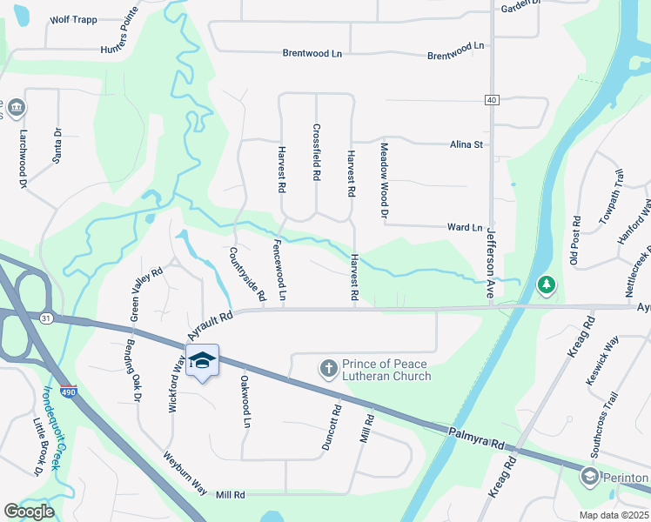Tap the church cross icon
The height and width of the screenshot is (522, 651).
coord(329,369)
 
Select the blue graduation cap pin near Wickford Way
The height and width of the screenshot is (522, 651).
coord(201,361)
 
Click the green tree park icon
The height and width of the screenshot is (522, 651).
coord(547,284)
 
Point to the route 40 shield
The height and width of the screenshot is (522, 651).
coord(492,100)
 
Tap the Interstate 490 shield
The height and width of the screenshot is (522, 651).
coord(69,392)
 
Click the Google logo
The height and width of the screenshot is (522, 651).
coord(30,511)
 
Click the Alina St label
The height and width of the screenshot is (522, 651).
coord(466,144)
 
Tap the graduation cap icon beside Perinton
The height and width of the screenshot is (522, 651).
coord(590,478)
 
